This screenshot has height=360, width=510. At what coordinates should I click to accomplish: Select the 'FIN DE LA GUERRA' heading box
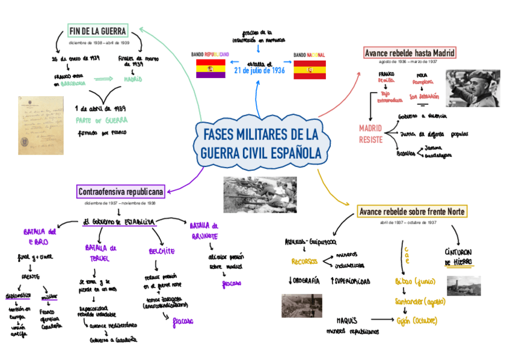[97, 31]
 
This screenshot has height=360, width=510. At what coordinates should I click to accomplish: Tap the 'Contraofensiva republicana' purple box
[120, 192]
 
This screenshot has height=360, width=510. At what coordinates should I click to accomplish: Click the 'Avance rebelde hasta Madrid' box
[410, 53]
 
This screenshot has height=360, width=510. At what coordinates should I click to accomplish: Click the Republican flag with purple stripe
[210, 69]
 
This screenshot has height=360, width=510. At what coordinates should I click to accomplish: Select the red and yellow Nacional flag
[309, 70]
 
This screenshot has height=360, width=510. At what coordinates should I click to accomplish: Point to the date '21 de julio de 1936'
[259, 71]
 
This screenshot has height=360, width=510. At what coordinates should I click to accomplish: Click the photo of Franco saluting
[472, 88]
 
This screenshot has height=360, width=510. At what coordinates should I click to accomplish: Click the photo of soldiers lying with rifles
[259, 195]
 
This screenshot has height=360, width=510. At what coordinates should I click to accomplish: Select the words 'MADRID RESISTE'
[371, 134]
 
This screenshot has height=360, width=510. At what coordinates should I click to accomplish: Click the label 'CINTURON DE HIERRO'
[458, 257]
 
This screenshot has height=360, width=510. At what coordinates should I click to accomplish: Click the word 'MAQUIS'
[347, 320]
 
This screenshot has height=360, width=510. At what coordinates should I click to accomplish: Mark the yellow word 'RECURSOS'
[304, 261]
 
